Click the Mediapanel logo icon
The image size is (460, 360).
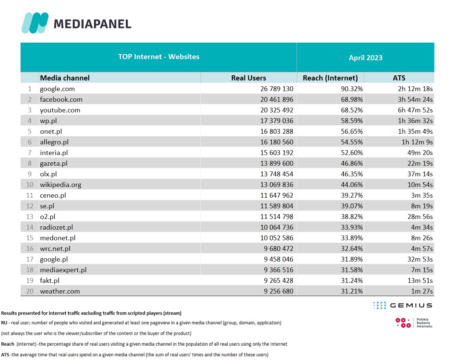[x=35, y=23]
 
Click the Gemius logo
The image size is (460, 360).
[x=403, y=305]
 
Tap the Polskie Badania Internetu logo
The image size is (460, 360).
[x=414, y=323]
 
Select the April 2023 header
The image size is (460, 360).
[x=365, y=58]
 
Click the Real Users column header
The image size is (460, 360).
[x=249, y=78]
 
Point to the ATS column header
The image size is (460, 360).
[x=399, y=78]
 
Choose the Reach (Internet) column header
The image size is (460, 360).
[x=330, y=78]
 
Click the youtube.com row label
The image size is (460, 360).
[x=60, y=110]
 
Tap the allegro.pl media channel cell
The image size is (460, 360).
[x=54, y=142]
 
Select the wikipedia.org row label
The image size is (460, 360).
[x=61, y=185]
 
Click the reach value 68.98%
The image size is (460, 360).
[x=351, y=100]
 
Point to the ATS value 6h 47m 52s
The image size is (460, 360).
[x=415, y=110]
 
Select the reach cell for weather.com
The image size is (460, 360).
[x=351, y=291]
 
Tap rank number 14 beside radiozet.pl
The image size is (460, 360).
[x=30, y=227]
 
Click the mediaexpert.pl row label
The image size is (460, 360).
[x=63, y=270]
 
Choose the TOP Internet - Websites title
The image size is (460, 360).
[x=159, y=57]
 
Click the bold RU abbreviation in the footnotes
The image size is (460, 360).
[x=4, y=323]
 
